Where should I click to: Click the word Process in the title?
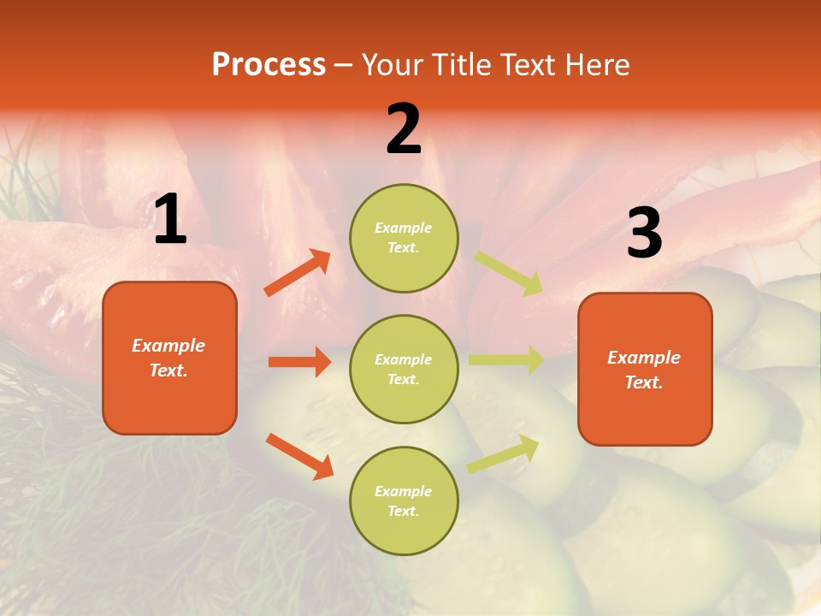click(x=269, y=65)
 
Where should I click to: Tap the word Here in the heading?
click(x=595, y=65)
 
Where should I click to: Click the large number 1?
click(x=170, y=220)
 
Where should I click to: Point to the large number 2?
click(x=404, y=129)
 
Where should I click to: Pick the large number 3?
click(x=644, y=234)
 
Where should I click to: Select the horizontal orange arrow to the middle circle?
click(x=299, y=362)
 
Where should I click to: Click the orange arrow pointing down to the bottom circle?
click(x=299, y=455)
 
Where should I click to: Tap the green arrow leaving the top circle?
click(x=509, y=274)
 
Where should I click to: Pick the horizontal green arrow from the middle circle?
click(x=506, y=359)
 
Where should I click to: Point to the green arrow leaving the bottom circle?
click(x=504, y=453)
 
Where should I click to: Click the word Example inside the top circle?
click(x=403, y=228)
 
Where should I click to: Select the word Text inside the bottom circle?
click(x=402, y=511)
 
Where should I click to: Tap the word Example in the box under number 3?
click(x=644, y=358)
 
